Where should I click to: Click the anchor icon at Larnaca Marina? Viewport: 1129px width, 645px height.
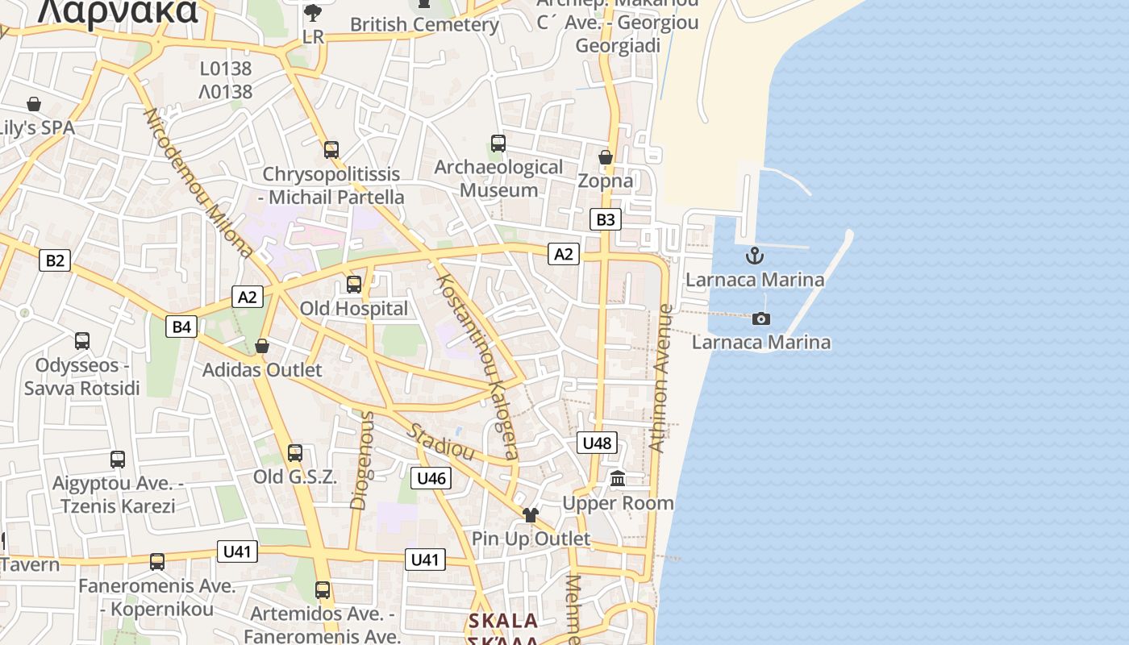pos(754,256)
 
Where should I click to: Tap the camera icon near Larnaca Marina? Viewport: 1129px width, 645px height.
pos(760,318)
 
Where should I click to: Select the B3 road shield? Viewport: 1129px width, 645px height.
pos(605,219)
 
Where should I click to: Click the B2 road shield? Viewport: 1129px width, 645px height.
pos(54,260)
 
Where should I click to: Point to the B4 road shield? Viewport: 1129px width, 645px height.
pos(181,327)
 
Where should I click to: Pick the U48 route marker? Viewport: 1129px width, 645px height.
pos(597,443)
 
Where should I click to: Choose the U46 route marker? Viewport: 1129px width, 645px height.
pos(431,478)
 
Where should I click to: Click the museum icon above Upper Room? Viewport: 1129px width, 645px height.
pos(618,479)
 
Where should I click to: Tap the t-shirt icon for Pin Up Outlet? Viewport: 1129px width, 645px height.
pos(530,514)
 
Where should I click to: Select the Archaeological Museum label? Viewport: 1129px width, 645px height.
pos(498,178)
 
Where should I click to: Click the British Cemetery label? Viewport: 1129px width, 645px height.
pos(424,24)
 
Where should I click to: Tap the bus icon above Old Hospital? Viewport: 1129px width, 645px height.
pos(353,285)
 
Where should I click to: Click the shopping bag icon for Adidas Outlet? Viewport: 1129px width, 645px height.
pos(261,346)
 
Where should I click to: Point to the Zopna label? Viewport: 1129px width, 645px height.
pos(605,181)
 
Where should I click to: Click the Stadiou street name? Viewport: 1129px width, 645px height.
pos(440,441)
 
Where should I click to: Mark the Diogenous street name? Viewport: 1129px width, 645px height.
pos(363,460)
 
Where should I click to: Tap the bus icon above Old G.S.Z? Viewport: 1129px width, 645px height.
pos(295,453)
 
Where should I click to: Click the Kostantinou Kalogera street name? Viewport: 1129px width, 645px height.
pos(477,366)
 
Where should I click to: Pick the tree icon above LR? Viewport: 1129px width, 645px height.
pos(313,12)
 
